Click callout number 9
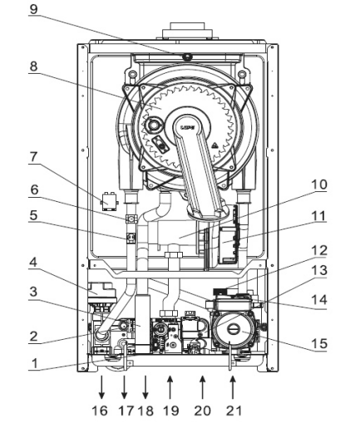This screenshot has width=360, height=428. (x=33, y=9)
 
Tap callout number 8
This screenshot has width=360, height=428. (x=33, y=66)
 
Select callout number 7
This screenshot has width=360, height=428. (x=33, y=157)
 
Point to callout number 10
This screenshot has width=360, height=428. (x=319, y=184)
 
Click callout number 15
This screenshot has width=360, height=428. (x=319, y=343)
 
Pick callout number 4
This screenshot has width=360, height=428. (x=33, y=263)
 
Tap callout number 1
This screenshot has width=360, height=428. (x=34, y=363)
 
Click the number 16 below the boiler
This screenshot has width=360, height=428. (x=100, y=411)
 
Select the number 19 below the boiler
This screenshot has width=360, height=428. (x=171, y=411)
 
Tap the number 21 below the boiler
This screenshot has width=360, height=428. (x=234, y=411)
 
